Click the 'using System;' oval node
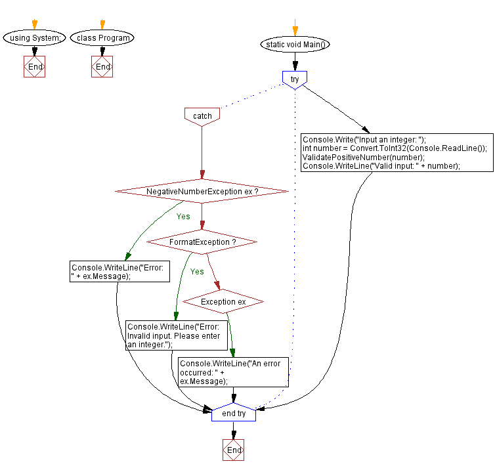(x=34, y=38)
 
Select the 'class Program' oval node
(x=102, y=38)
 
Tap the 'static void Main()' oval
(x=295, y=45)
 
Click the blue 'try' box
(x=295, y=79)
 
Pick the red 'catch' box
(x=202, y=116)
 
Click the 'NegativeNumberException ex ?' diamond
(x=202, y=191)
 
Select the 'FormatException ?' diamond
(x=202, y=242)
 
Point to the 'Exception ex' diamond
(x=223, y=301)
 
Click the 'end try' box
(x=234, y=414)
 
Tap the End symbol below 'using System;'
(x=34, y=67)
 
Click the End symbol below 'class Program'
(x=102, y=67)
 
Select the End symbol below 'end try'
(x=234, y=450)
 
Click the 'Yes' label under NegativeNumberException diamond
(x=183, y=216)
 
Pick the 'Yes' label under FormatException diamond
(x=197, y=271)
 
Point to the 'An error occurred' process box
(x=233, y=372)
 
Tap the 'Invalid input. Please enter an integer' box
(x=177, y=335)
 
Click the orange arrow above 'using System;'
(x=34, y=24)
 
